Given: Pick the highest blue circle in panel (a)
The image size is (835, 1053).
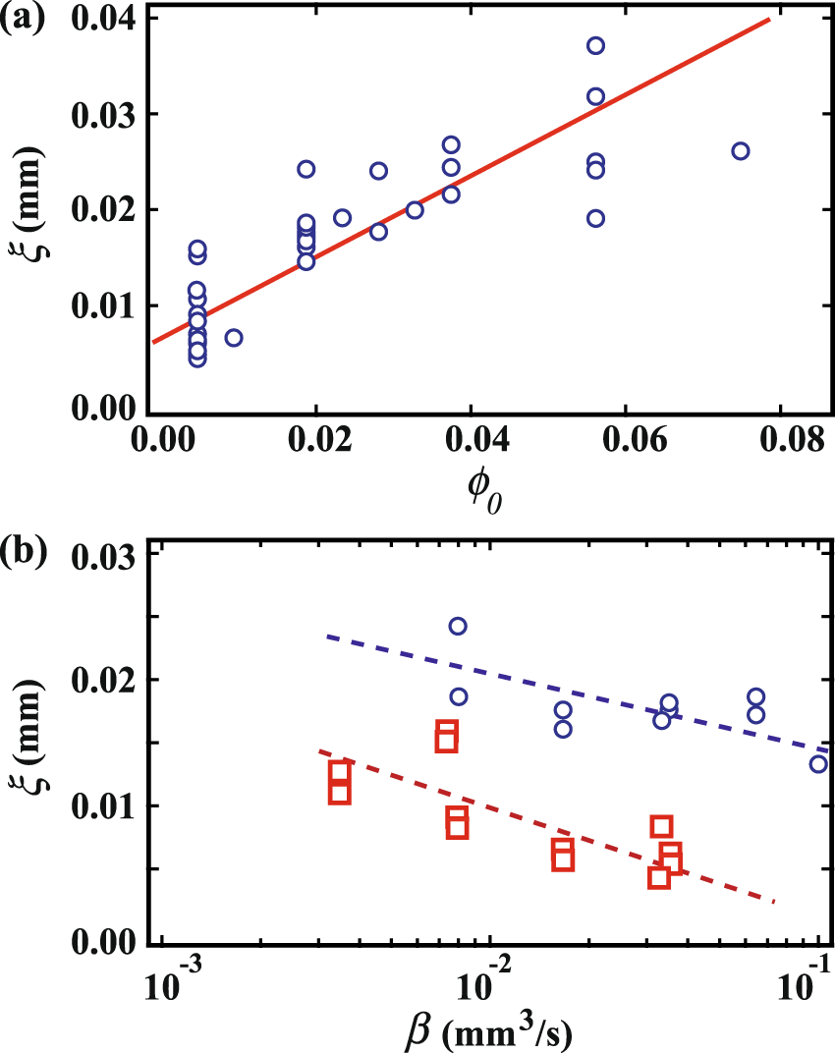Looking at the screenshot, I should pyautogui.click(x=595, y=46).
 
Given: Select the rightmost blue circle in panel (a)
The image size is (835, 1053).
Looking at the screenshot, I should pyautogui.click(x=741, y=151).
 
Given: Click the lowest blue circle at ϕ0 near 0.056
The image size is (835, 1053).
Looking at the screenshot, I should pyautogui.click(x=595, y=218).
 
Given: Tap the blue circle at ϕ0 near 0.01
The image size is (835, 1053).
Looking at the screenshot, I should pyautogui.click(x=234, y=338).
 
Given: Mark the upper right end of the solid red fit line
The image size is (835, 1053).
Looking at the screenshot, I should pyautogui.click(x=768, y=19).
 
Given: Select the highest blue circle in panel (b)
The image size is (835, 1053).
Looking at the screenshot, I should pyautogui.click(x=458, y=626).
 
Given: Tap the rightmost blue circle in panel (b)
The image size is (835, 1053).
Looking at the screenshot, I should pyautogui.click(x=818, y=763).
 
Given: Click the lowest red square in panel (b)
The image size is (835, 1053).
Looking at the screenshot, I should pyautogui.click(x=659, y=877).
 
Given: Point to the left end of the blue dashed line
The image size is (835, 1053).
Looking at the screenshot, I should pyautogui.click(x=327, y=636).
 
